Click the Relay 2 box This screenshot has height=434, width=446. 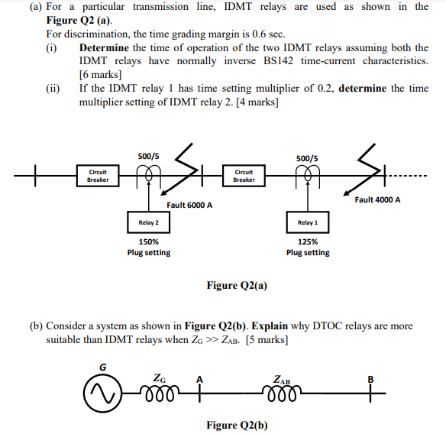148,222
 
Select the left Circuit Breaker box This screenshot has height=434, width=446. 98,176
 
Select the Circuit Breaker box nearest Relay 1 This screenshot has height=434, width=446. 244,176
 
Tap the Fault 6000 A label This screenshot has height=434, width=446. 189,206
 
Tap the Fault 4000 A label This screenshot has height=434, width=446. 377,200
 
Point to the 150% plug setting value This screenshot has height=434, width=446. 148,241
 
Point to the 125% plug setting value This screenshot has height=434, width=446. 306,241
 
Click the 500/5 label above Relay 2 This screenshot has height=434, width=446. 148,156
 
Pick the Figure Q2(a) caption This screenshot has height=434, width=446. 237,285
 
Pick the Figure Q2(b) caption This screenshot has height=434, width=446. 237,424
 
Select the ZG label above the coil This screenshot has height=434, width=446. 158,377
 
